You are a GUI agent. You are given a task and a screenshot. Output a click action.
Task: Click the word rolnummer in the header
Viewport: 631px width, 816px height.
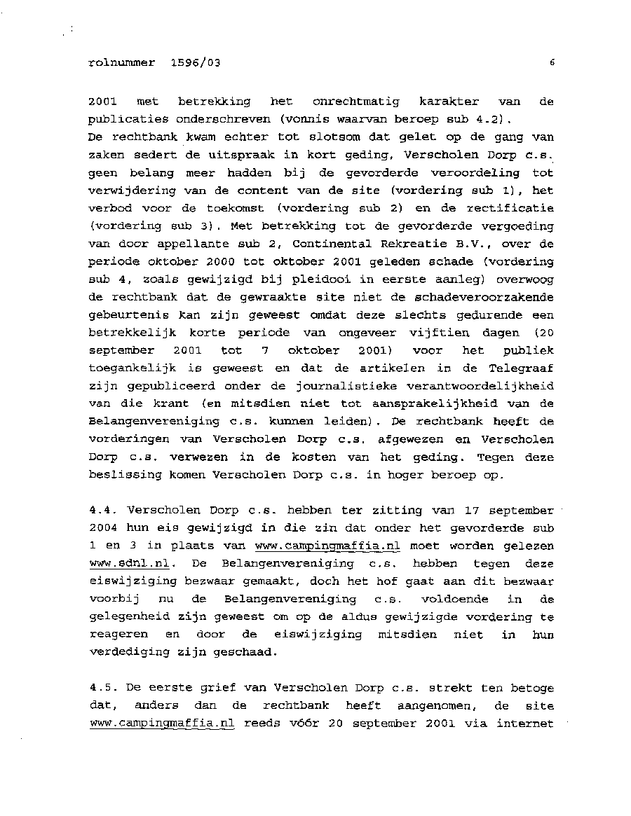click(x=122, y=62)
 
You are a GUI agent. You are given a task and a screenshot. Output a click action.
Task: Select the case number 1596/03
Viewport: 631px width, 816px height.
click(x=195, y=62)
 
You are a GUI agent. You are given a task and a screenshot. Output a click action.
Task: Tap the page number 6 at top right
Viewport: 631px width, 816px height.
click(x=552, y=62)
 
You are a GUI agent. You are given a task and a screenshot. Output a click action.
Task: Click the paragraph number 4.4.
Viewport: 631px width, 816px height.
click(x=102, y=511)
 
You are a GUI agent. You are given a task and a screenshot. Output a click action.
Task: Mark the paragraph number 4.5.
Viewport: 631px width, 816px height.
click(x=102, y=689)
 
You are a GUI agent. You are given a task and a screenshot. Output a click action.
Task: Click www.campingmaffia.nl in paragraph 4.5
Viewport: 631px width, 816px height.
click(x=162, y=724)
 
